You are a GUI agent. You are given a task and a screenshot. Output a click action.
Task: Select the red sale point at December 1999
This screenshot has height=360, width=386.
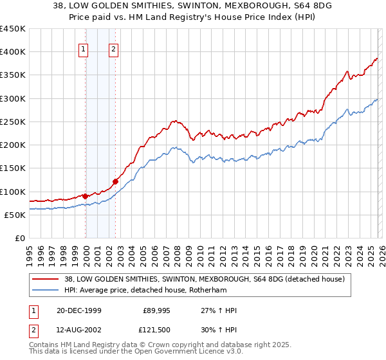86,196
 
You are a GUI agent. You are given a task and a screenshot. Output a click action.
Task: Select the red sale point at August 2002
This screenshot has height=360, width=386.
115,181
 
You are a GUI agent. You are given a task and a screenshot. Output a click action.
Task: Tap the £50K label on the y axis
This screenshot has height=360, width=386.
15,215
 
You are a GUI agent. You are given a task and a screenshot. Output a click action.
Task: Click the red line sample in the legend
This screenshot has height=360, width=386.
45,279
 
